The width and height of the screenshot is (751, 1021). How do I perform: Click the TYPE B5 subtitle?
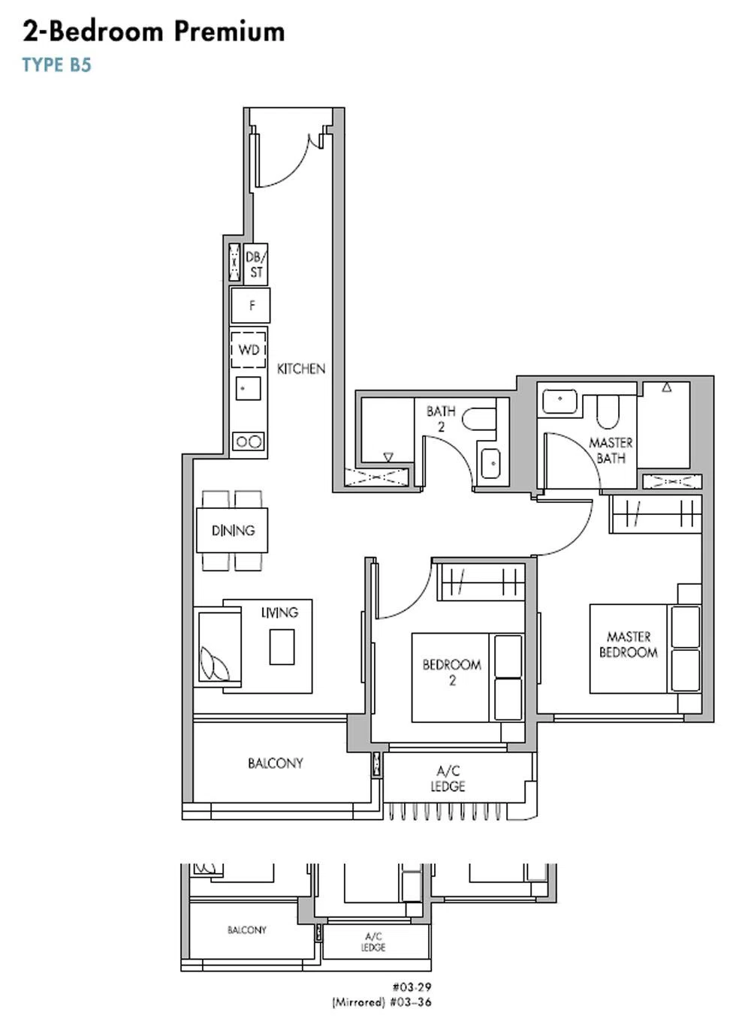[57, 65]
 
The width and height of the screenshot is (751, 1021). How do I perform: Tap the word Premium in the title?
[229, 32]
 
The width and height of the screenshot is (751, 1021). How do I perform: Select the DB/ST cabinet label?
[255, 264]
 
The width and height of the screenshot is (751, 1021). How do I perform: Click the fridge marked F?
[250, 306]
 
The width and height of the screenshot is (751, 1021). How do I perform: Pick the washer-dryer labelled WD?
[249, 350]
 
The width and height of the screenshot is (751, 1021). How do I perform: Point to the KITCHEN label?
[301, 369]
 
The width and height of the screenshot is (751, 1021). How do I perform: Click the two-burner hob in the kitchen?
[249, 441]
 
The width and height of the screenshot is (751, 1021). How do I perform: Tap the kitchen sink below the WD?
[248, 388]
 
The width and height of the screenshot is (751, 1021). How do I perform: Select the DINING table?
[232, 530]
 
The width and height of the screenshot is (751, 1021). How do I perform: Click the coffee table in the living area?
[282, 647]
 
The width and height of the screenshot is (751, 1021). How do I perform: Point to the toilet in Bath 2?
[479, 418]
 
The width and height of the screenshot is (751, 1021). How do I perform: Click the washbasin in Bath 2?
[490, 463]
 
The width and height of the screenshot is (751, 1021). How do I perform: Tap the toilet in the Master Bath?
[608, 411]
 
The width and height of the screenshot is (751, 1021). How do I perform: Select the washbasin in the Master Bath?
[559, 401]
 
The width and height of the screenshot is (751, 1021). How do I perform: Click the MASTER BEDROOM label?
[629, 644]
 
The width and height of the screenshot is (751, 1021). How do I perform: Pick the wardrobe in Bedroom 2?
[481, 582]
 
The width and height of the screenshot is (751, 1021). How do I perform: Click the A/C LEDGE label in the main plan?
[448, 779]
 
